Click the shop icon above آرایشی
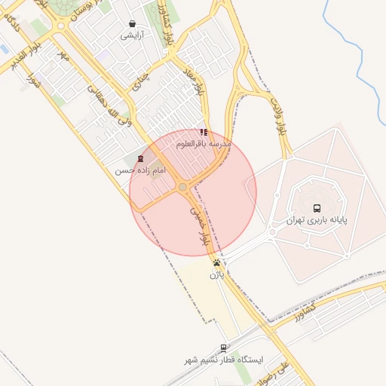pyautogui.click(x=133, y=24)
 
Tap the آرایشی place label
pyautogui.click(x=133, y=35)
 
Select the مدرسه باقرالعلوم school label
pyautogui.click(x=204, y=143)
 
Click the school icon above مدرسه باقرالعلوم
pyautogui.click(x=204, y=132)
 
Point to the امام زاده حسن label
pyautogui.click(x=139, y=171)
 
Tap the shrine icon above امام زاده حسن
pyautogui.click(x=139, y=158)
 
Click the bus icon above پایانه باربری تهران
pyautogui.click(x=316, y=207)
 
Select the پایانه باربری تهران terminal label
pyautogui.click(x=316, y=221)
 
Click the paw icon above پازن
pyautogui.click(x=217, y=263)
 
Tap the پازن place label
pyautogui.click(x=217, y=276)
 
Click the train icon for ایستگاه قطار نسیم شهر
pyautogui.click(x=223, y=348)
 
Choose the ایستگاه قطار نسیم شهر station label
pyautogui.click(x=226, y=360)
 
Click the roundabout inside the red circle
pyautogui.click(x=182, y=186)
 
